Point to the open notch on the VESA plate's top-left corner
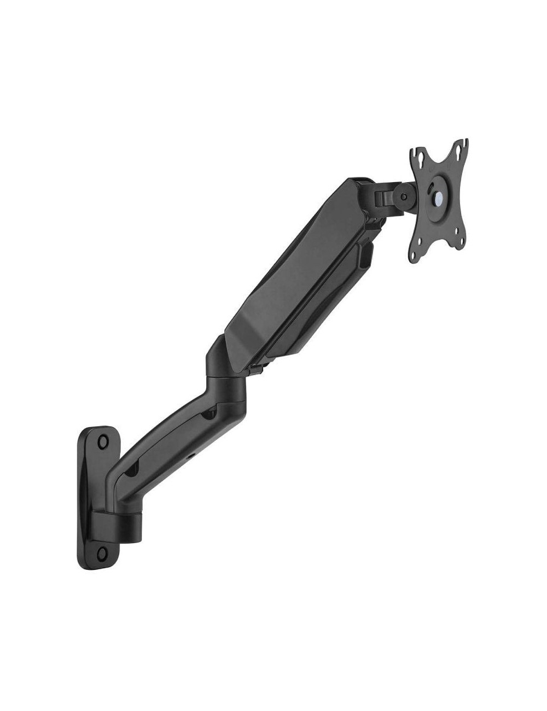tap(415, 151)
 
